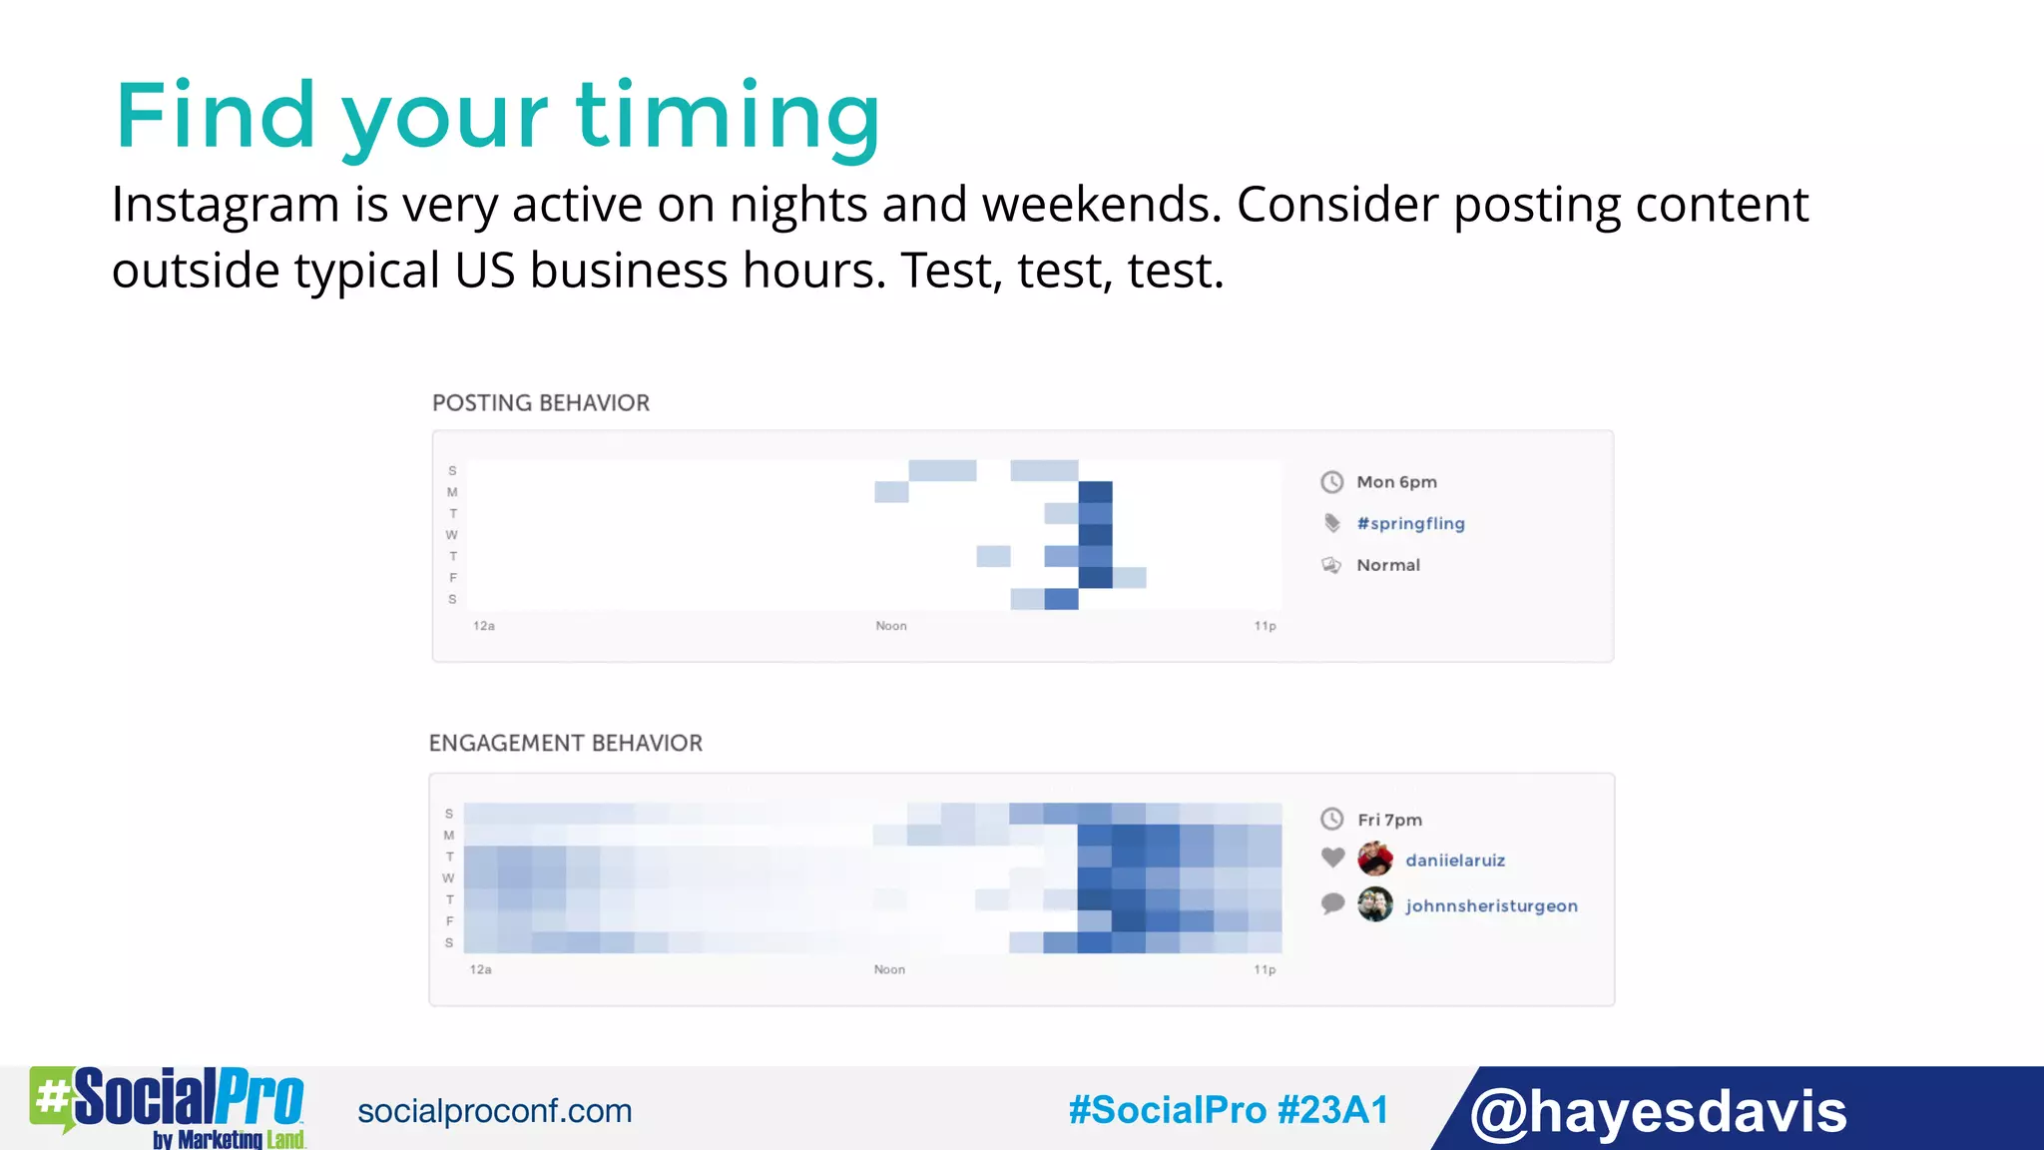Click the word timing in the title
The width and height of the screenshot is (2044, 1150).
coord(728,118)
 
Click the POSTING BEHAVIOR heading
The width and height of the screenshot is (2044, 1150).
coord(540,403)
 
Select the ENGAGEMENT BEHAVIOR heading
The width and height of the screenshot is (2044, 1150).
coord(565,744)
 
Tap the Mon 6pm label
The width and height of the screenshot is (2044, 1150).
coord(1396,482)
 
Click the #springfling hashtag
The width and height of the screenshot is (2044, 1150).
coord(1410,524)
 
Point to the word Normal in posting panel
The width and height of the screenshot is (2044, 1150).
coord(1387,565)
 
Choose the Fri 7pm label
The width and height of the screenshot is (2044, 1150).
coord(1389,820)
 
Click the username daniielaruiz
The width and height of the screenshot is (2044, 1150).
coord(1454,861)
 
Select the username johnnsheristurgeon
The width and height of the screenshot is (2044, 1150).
coord(1491,906)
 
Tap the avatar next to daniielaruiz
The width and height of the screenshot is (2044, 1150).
coord(1375,859)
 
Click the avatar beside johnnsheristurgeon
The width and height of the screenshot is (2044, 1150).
coord(1375,904)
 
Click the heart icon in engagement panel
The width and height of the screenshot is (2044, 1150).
coord(1332,858)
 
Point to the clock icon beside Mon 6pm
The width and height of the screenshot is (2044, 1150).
coord(1332,482)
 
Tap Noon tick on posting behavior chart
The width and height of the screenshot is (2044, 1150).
coord(891,626)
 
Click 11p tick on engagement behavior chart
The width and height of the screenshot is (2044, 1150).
coord(1265,969)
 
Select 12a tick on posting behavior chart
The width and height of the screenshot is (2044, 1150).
coord(484,626)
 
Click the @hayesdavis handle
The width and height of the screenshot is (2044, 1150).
coord(1658,1111)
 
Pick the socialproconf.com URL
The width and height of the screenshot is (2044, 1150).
coord(494,1111)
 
